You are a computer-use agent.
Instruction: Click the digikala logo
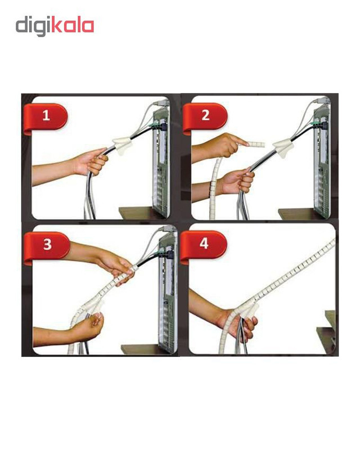click(x=55, y=26)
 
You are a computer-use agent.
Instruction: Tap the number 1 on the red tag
click(x=46, y=116)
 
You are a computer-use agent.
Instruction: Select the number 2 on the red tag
click(x=205, y=115)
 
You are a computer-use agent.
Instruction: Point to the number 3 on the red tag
click(x=47, y=245)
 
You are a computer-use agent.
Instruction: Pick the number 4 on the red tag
click(x=204, y=244)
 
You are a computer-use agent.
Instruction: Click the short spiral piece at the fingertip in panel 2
click(x=256, y=144)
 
